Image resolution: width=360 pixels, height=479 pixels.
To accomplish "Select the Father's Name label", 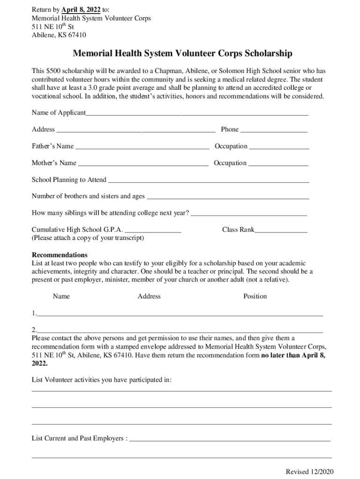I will (x=52, y=146).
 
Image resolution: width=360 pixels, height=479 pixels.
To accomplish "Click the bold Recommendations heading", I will (x=59, y=255).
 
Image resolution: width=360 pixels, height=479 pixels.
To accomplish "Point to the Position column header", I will (x=255, y=296).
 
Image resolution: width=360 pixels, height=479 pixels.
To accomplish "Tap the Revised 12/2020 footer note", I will (x=310, y=472).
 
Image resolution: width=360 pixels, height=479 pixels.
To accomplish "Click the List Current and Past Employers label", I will (x=79, y=438).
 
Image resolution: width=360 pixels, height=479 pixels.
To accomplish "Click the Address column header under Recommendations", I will (x=149, y=296).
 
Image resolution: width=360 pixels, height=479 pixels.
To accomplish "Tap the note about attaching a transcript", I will (x=88, y=238).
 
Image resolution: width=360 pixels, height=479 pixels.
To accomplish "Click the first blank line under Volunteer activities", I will (x=181, y=391).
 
